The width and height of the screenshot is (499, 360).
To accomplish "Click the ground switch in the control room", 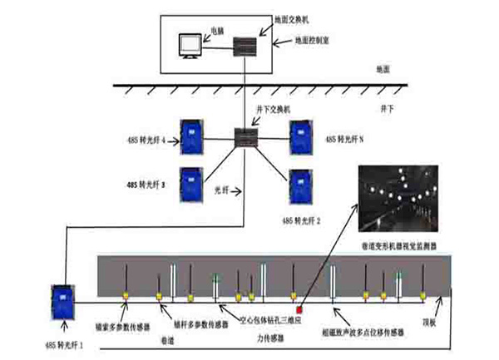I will (x=245, y=45).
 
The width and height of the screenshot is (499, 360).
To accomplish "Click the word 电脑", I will (x=217, y=30).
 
